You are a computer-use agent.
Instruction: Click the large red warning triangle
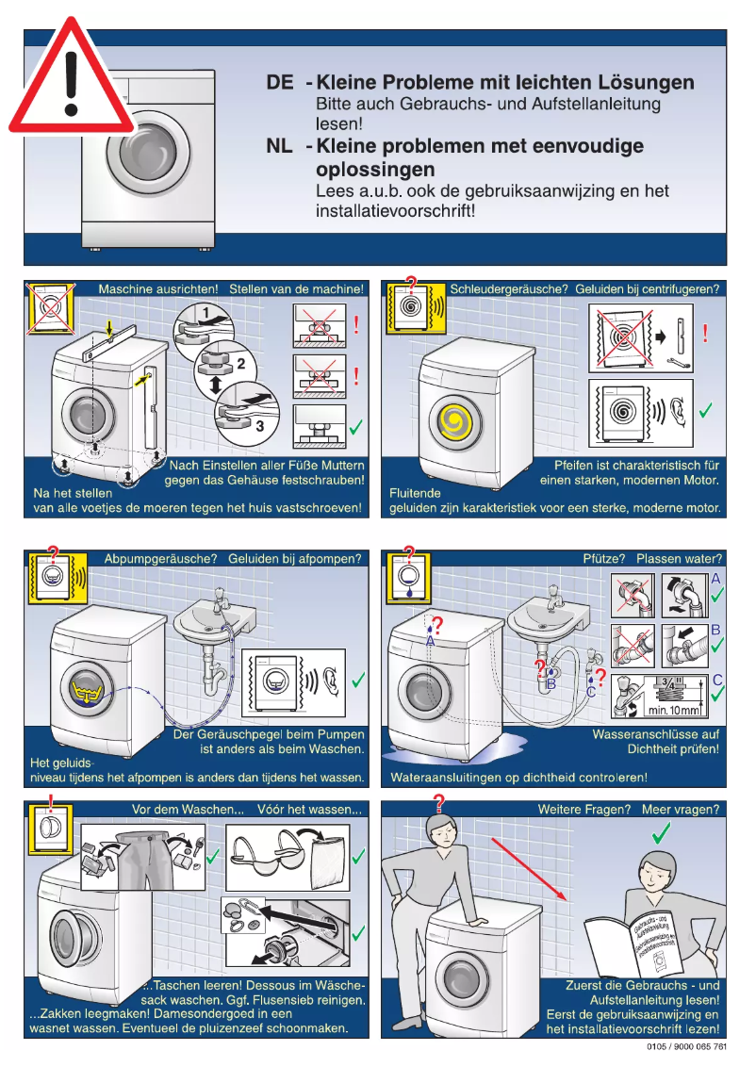coord(71,80)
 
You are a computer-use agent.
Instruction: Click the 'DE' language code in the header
coord(280,83)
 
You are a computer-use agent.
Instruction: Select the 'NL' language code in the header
coord(280,146)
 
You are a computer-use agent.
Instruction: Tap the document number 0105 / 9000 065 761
coord(686,1047)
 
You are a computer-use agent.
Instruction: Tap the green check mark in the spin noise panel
coord(705,410)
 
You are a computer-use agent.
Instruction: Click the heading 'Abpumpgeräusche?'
coord(161,559)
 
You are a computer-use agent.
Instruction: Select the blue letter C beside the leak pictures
coord(717,679)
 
